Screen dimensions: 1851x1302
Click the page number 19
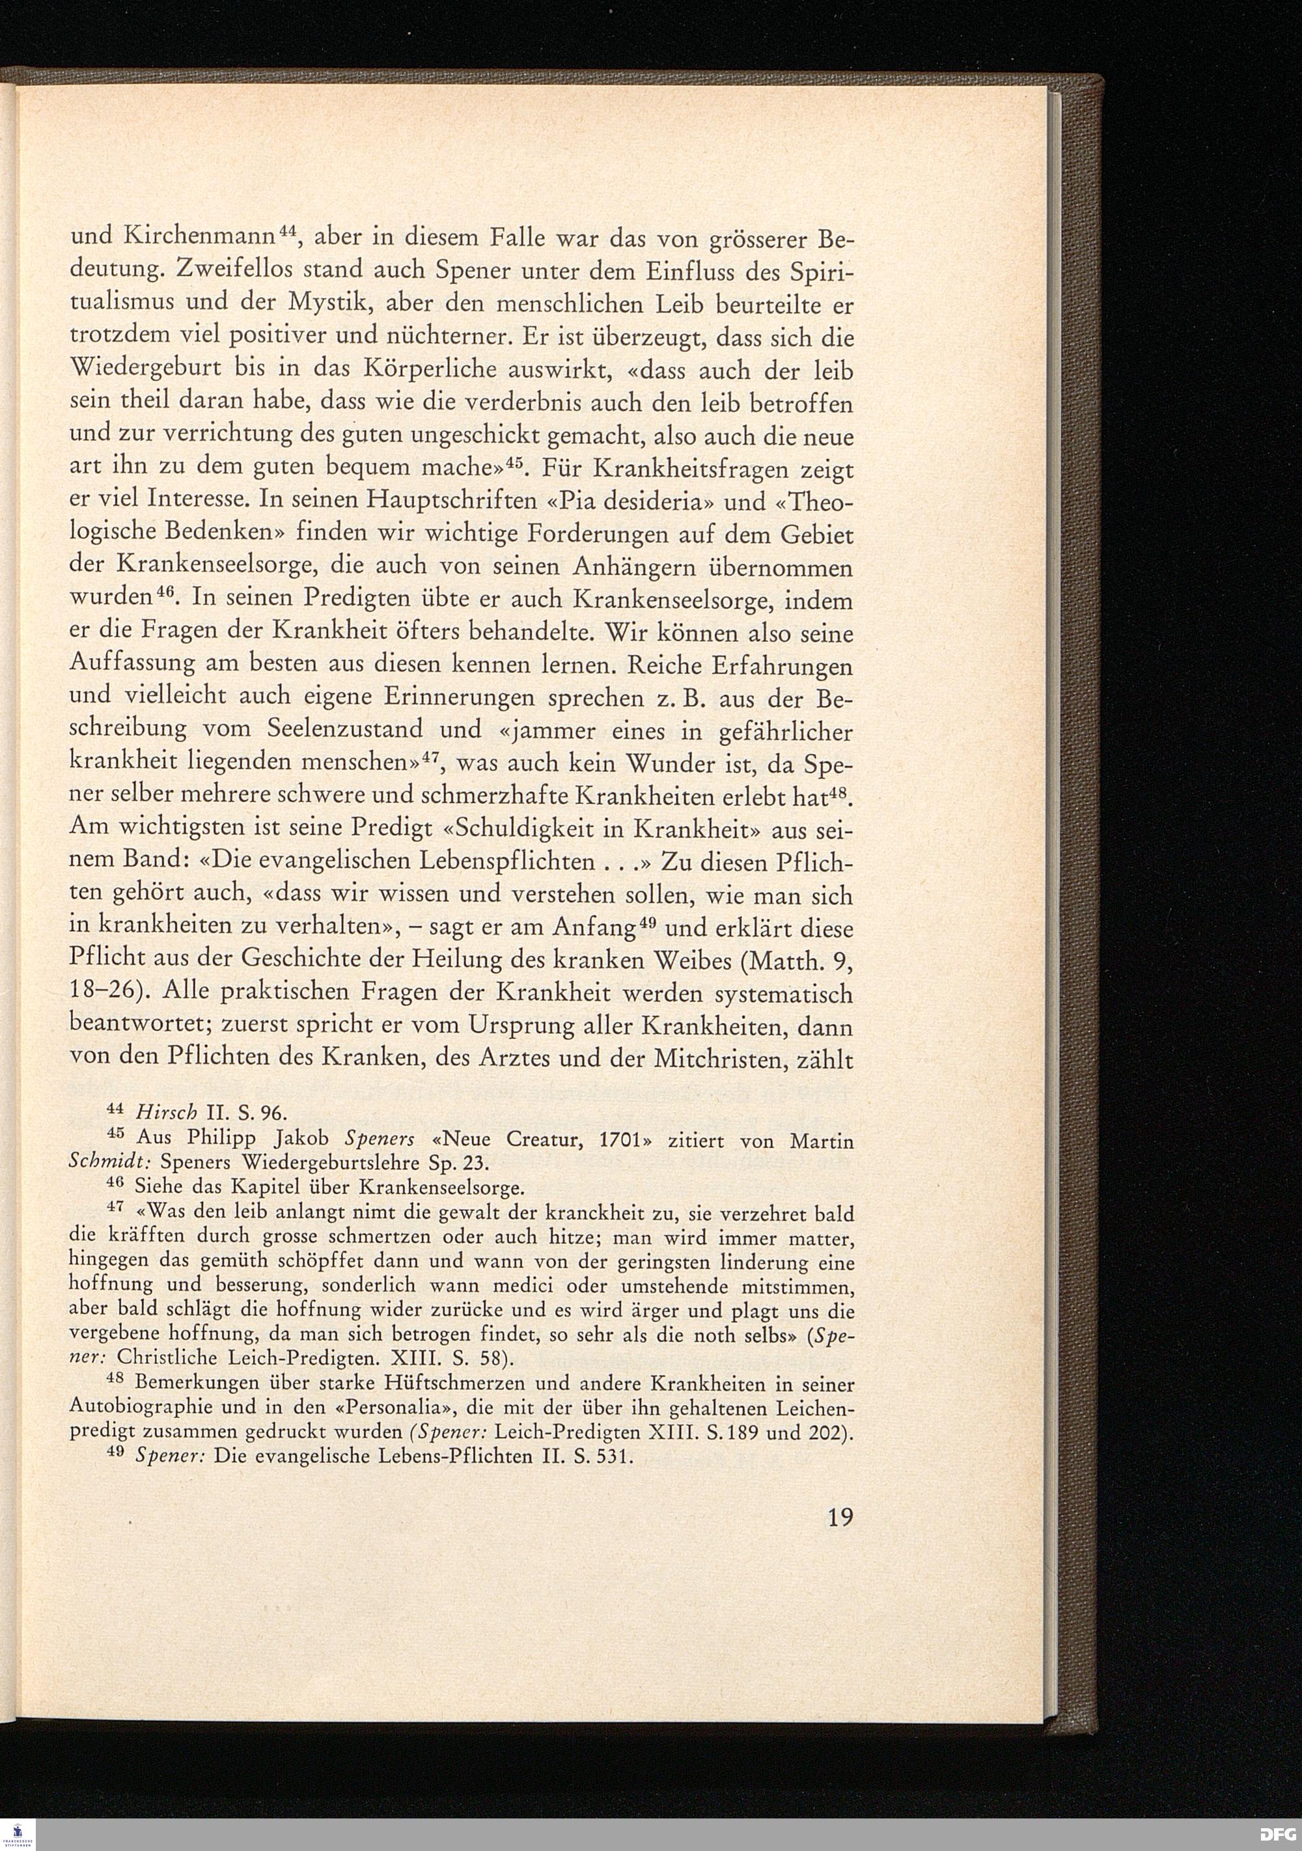839,1518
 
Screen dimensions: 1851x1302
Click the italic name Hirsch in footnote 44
167,1113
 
